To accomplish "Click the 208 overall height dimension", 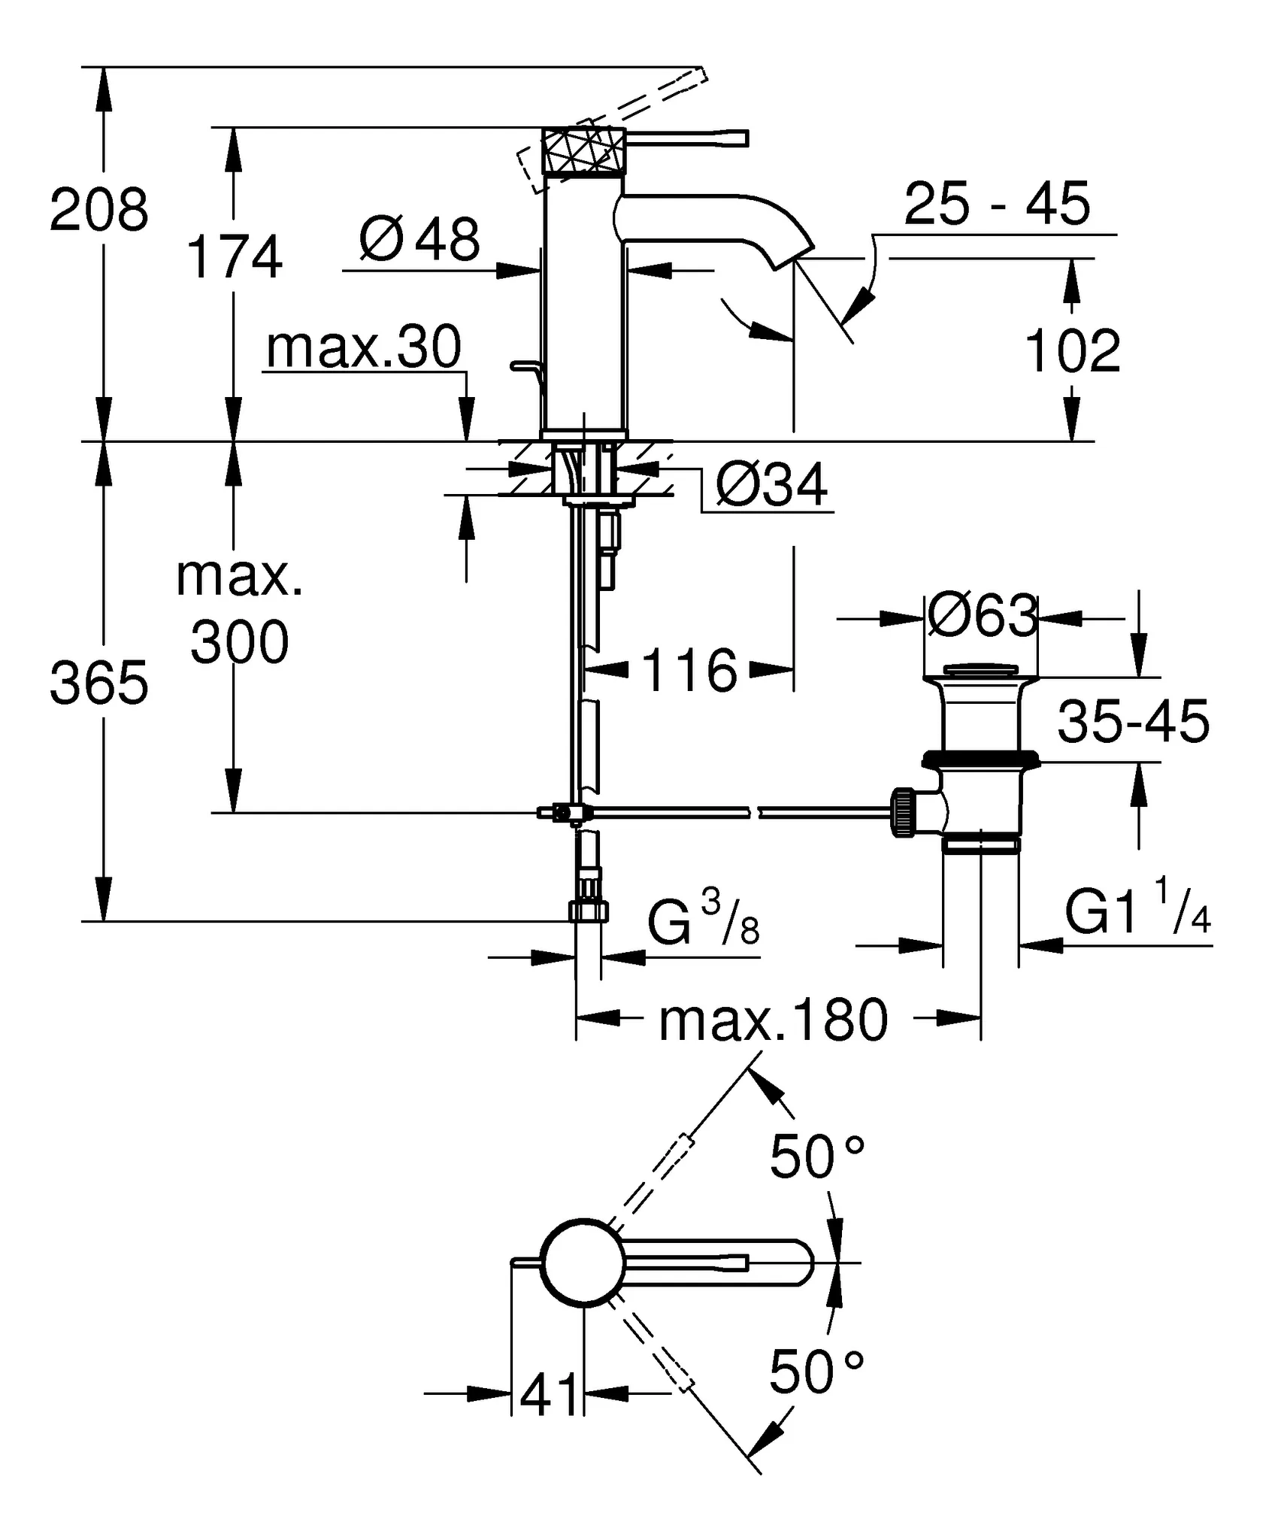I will (x=99, y=210).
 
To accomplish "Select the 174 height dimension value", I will (x=234, y=257).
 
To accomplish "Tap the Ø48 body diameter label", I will (x=419, y=239).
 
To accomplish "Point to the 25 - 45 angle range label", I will (x=996, y=204).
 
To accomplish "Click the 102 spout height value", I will (x=1072, y=350).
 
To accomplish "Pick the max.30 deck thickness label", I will (x=364, y=347).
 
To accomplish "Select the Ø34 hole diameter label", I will (x=771, y=485).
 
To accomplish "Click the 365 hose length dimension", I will (x=99, y=684).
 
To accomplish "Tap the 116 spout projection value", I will (x=689, y=671).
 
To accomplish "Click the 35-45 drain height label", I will (x=1134, y=721).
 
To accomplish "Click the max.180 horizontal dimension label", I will (x=773, y=1021).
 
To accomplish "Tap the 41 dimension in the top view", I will (x=550, y=1394).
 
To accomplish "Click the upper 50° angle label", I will (x=817, y=1157).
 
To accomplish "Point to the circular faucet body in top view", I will (x=583, y=1263).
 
